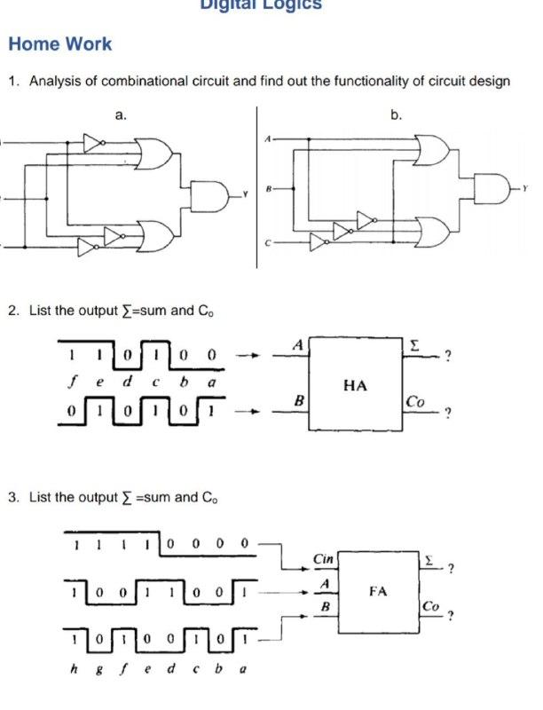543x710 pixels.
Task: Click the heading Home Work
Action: [x=60, y=43]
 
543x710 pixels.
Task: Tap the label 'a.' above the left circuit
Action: [x=121, y=114]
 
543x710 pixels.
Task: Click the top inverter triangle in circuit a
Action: [x=94, y=142]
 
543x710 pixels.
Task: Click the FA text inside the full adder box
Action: [x=379, y=589]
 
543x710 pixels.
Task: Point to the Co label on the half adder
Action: [x=414, y=401]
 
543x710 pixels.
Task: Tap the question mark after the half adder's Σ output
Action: [x=449, y=358]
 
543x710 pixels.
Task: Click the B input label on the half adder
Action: [x=300, y=401]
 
